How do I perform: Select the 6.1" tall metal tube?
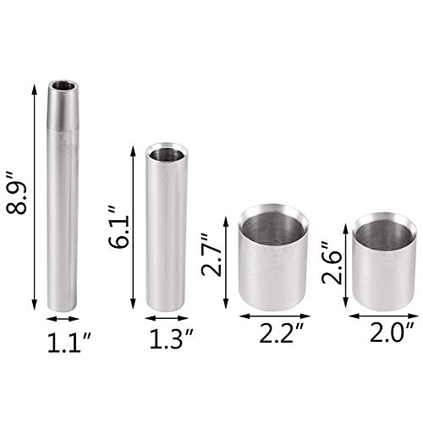point(168,228)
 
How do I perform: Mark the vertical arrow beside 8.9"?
point(35,195)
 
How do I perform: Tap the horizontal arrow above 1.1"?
point(63,319)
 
